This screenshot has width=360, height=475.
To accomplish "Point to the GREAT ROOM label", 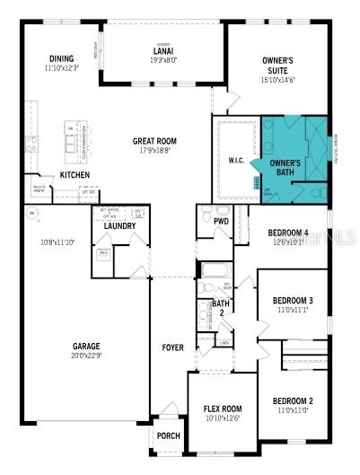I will (154, 141).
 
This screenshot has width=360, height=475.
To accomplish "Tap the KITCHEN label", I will (75, 174).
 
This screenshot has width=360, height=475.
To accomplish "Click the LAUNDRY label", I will (119, 225).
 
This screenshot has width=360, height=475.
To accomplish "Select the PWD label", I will (221, 220).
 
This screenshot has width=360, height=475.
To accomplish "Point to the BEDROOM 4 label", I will (288, 233).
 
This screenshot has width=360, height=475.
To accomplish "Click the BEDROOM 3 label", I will (293, 300).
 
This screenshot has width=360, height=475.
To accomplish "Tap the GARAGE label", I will (86, 346).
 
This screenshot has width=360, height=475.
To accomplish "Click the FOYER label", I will (171, 347).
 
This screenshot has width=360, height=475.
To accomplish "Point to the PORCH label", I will (168, 436).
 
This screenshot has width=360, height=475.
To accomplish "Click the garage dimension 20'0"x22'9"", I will (86, 356).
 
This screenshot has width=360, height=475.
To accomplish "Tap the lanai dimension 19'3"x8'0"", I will (162, 59).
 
